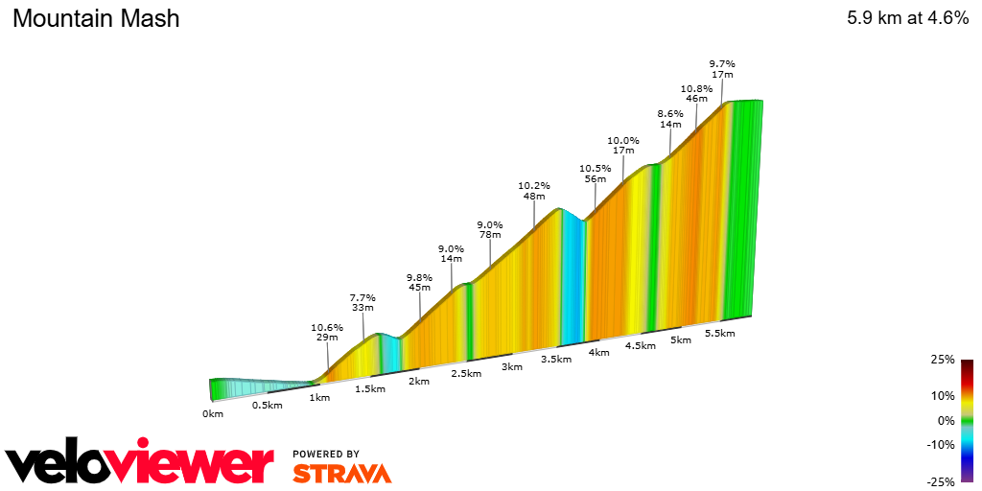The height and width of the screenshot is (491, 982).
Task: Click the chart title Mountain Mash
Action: pyautogui.click(x=96, y=18)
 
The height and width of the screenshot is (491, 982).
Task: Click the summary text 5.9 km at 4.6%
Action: pyautogui.click(x=906, y=18)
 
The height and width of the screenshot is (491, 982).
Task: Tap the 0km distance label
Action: pyautogui.click(x=213, y=414)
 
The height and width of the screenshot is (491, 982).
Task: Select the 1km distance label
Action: pyautogui.click(x=320, y=397)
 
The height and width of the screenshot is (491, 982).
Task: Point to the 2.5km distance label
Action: pyautogui.click(x=466, y=373)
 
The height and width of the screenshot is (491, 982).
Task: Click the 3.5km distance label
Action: pyautogui.click(x=556, y=360)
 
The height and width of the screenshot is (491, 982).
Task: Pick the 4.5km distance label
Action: pyautogui.click(x=641, y=346)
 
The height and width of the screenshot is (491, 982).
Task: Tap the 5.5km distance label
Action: pyautogui.click(x=719, y=334)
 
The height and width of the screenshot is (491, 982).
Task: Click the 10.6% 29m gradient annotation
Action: pyautogui.click(x=327, y=332)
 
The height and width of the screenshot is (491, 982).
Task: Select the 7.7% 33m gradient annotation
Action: pyautogui.click(x=362, y=303)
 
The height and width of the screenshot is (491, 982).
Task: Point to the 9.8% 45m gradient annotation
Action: pyautogui.click(x=419, y=282)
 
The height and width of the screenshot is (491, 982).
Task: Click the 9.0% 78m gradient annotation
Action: pyautogui.click(x=490, y=230)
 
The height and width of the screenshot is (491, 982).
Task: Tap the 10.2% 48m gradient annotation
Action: pyautogui.click(x=534, y=191)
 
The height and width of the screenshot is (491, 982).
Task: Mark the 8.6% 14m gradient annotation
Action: pyautogui.click(x=670, y=119)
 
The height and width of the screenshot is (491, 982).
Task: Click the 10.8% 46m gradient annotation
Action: pyautogui.click(x=696, y=93)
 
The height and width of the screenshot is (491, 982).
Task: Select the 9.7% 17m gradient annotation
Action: pyautogui.click(x=722, y=69)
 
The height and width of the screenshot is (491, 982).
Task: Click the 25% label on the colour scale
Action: pyautogui.click(x=943, y=361)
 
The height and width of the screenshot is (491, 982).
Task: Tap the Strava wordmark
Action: pyautogui.click(x=342, y=474)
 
